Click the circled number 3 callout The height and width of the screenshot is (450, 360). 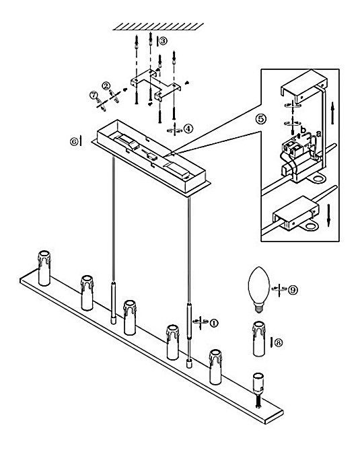click(163, 41)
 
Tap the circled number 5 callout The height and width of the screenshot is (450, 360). click(261, 118)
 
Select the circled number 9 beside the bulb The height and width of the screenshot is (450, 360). click(293, 290)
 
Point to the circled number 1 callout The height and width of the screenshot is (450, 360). click(214, 323)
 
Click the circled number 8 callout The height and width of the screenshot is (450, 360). click(279, 342)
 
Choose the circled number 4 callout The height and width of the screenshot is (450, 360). click(188, 128)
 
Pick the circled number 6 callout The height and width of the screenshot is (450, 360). click(74, 141)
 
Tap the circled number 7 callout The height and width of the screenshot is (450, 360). click(93, 95)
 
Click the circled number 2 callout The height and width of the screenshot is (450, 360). click(106, 85)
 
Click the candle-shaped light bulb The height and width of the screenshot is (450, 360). click(258, 289)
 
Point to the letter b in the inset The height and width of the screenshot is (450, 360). click(303, 130)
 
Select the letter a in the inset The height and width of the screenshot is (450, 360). click(318, 133)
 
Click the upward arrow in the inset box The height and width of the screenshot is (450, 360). click(332, 113)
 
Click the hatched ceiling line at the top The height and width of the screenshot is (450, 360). click(158, 27)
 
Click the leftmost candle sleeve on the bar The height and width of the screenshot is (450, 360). click(44, 268)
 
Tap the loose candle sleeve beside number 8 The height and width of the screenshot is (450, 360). click(259, 338)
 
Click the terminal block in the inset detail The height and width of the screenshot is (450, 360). click(293, 149)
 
